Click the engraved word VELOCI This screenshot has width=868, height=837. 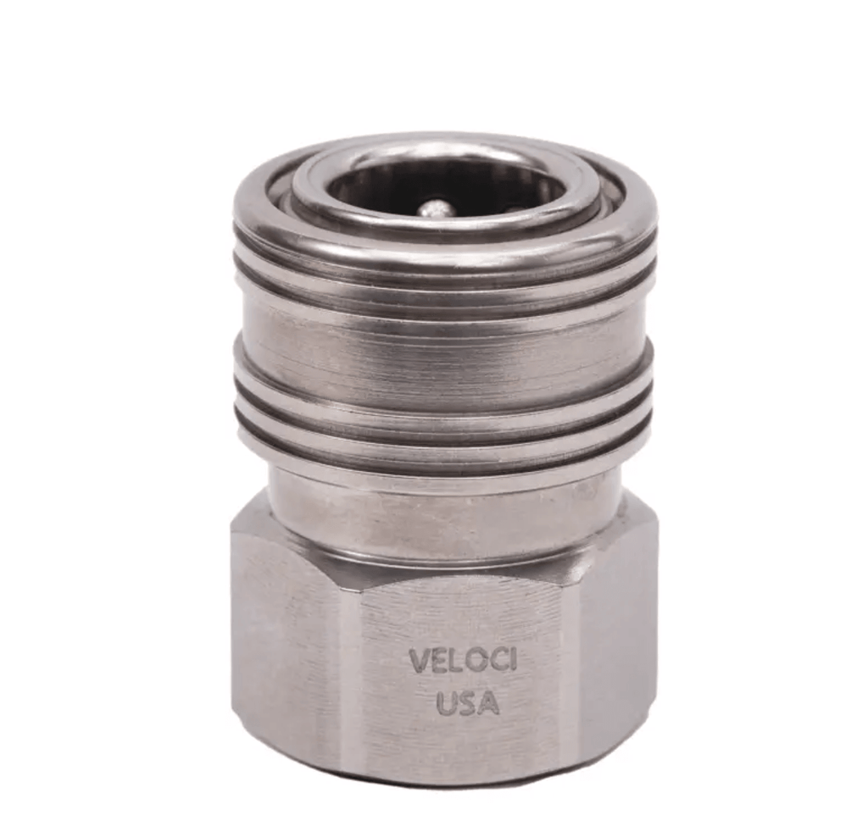tap(462, 661)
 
